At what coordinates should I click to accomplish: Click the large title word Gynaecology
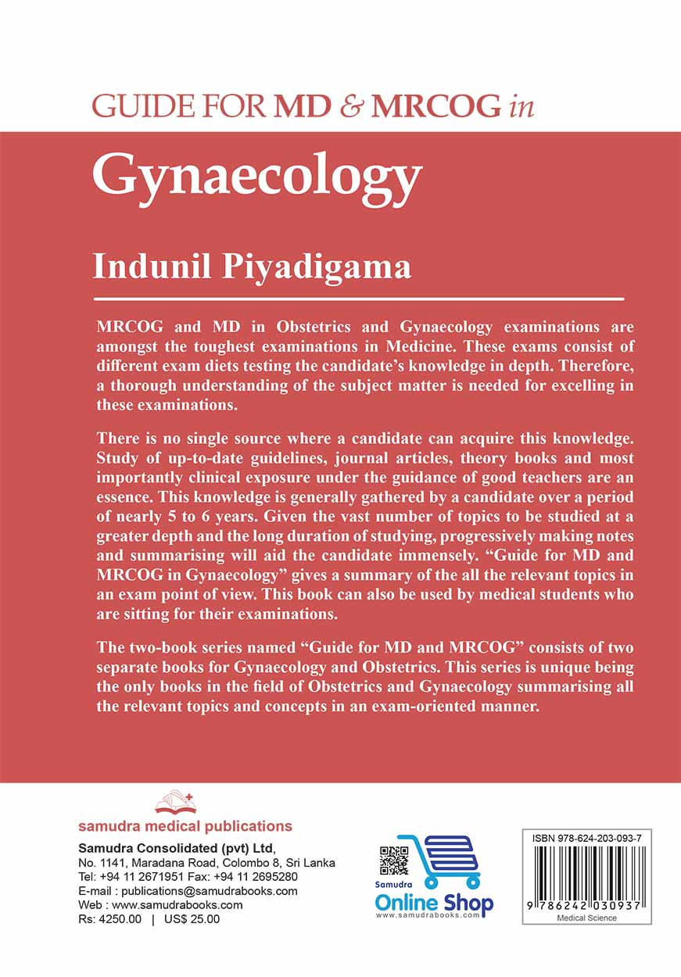257,179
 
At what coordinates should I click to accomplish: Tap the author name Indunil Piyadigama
252,266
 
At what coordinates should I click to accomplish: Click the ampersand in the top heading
350,106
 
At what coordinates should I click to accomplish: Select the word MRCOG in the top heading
435,106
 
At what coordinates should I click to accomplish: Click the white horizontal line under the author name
358,299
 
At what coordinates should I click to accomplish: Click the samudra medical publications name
185,826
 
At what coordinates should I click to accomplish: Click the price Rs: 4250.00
109,919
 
